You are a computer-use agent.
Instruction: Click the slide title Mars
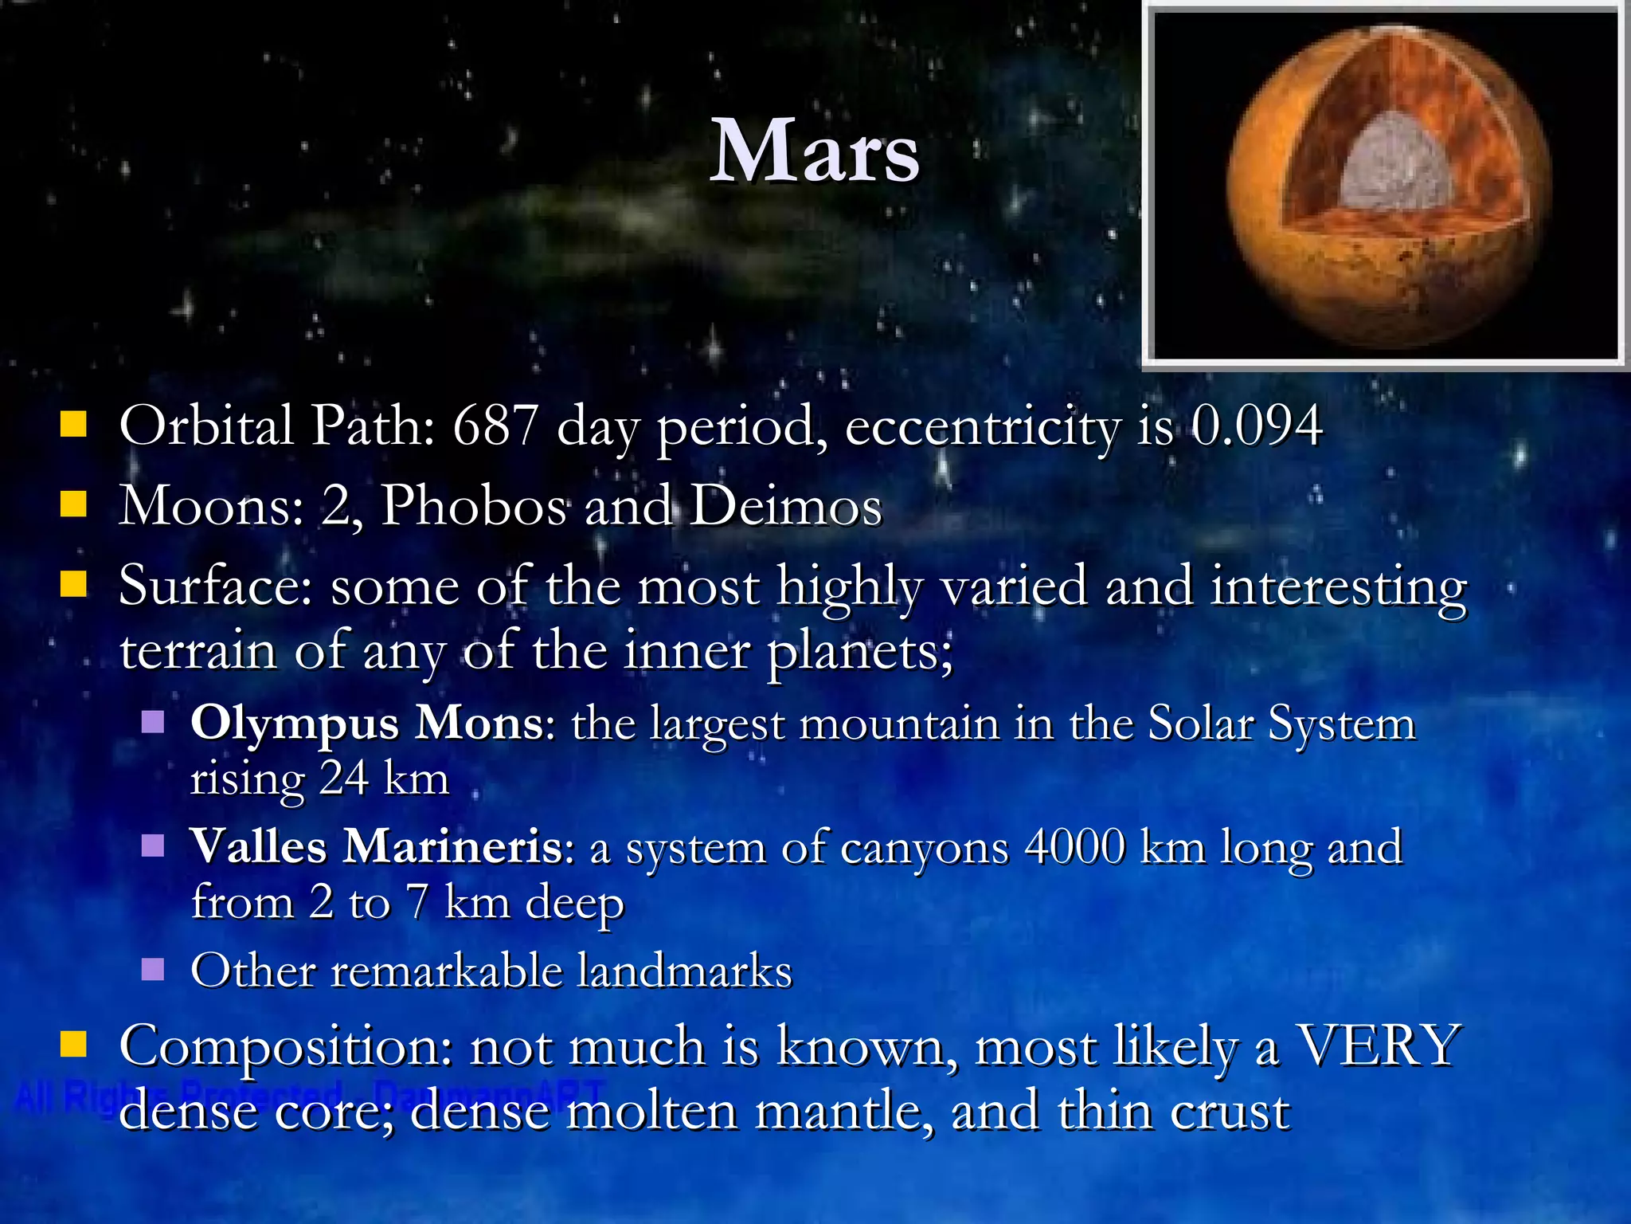pyautogui.click(x=814, y=151)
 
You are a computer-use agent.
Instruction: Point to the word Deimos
pyautogui.click(x=785, y=505)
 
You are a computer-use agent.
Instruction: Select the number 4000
pyautogui.click(x=1074, y=846)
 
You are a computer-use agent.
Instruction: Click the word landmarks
pyautogui.click(x=684, y=971)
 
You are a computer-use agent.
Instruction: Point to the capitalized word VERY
pyautogui.click(x=1379, y=1045)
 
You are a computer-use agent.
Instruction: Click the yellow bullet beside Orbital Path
pyautogui.click(x=73, y=425)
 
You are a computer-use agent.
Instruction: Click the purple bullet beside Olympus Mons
pyautogui.click(x=153, y=723)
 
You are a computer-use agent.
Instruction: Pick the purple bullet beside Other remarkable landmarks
pyautogui.click(x=153, y=970)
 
